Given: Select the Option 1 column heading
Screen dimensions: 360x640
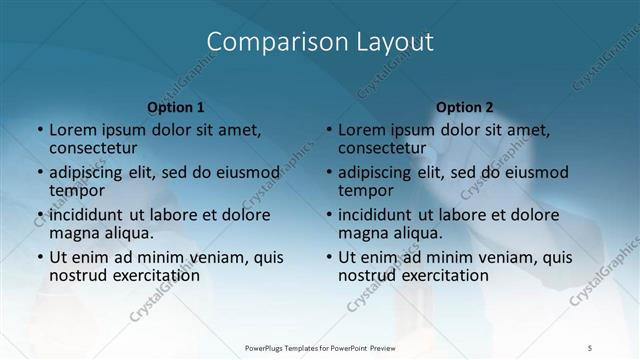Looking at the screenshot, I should (x=176, y=107).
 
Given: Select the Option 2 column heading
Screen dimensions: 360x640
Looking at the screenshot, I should (x=465, y=107).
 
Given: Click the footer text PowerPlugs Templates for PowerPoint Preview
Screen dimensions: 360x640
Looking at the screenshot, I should (x=320, y=347).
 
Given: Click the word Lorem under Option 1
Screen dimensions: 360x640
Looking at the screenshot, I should (x=72, y=130).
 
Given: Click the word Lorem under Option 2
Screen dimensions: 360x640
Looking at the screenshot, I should (x=361, y=130).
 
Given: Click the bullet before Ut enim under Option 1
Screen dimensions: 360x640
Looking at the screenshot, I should (x=40, y=257).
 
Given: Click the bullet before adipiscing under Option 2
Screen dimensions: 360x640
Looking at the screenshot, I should (x=329, y=172).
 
